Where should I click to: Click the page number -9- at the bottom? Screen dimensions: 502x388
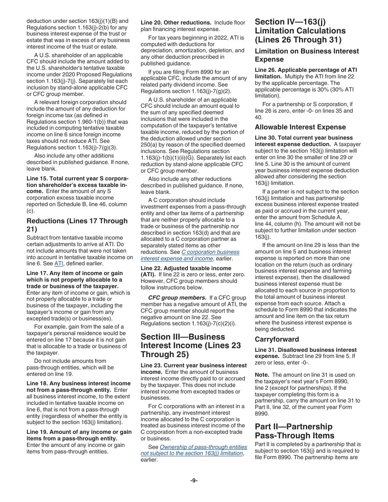(x=194, y=480)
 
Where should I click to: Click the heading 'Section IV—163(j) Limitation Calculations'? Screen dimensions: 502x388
(x=300, y=31)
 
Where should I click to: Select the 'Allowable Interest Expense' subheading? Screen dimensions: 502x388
(x=300, y=127)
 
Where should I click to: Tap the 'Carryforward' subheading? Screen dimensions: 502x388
(x=277, y=339)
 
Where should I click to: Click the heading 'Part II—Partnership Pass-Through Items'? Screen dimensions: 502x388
(x=294, y=431)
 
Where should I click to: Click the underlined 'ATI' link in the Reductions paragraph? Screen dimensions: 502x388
(x=59, y=264)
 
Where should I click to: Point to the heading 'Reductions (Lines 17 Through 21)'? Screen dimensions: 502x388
(x=77, y=225)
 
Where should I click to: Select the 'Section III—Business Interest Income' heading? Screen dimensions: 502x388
(x=191, y=345)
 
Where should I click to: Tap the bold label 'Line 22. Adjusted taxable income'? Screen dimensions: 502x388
(x=186, y=268)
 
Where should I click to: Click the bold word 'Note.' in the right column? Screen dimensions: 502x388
(x=262, y=375)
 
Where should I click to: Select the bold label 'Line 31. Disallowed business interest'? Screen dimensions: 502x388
(x=305, y=350)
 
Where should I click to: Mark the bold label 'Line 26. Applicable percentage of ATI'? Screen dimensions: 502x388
(x=305, y=70)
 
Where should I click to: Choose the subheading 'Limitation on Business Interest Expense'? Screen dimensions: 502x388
(x=307, y=55)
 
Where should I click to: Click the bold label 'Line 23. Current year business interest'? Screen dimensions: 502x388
(x=194, y=365)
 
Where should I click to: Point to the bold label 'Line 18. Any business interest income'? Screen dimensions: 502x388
(x=78, y=384)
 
